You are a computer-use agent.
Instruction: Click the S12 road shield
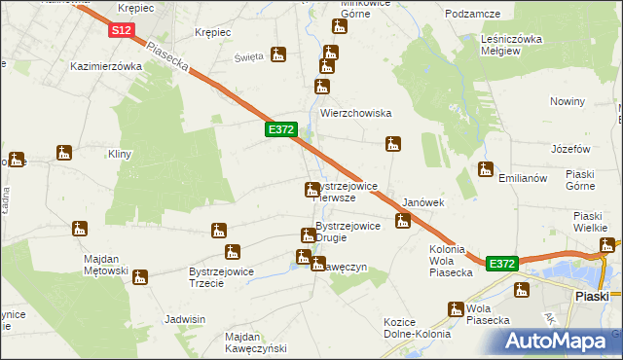click(x=121, y=31)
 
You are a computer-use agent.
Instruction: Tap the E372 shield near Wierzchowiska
click(x=280, y=129)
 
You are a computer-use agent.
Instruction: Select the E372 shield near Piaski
click(x=500, y=264)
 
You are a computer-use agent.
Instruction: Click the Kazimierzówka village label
click(x=107, y=66)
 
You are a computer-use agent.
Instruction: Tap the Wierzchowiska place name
click(x=355, y=112)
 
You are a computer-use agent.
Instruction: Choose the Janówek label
click(x=423, y=202)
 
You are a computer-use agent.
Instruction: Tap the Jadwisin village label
click(x=185, y=319)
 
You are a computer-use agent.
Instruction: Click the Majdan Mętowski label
click(x=92, y=264)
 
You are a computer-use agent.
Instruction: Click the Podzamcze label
click(x=472, y=14)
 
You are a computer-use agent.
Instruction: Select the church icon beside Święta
click(x=279, y=55)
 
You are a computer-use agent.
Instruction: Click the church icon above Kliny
click(x=64, y=153)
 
